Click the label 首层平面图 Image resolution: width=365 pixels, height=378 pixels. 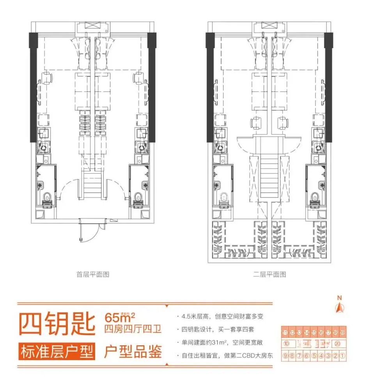[93, 274]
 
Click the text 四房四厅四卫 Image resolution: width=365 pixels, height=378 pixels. [133, 329]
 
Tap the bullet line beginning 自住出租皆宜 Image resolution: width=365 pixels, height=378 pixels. [225, 355]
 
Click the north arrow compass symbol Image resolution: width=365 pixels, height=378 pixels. [339, 306]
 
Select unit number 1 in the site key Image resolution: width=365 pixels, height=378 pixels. [342, 355]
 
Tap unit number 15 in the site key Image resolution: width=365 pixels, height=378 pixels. [314, 333]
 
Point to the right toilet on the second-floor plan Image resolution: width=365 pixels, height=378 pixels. [315, 198]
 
